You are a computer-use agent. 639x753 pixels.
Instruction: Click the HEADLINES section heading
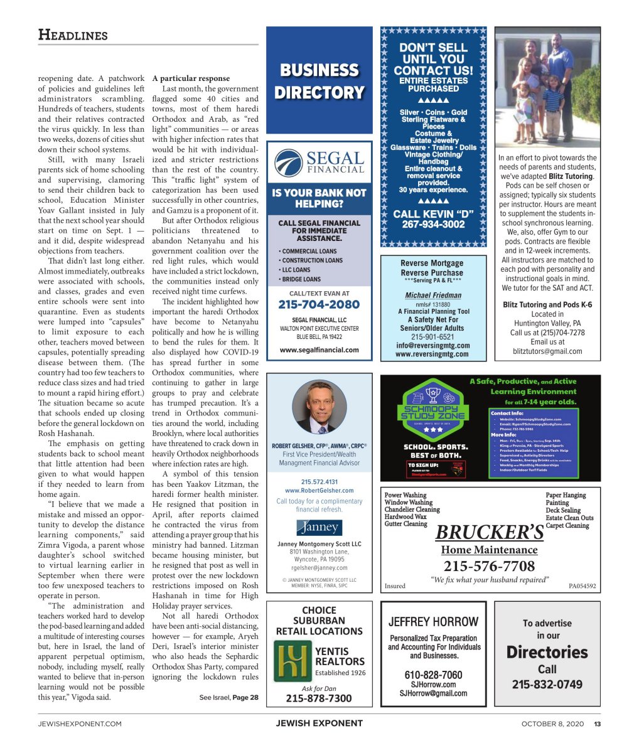[73, 35]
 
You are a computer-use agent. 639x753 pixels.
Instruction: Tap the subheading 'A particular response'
[191, 78]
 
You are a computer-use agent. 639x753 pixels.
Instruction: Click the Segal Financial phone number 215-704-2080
[319, 305]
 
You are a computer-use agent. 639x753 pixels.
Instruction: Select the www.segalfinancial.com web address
[319, 350]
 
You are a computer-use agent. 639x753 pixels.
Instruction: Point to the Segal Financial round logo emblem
[289, 163]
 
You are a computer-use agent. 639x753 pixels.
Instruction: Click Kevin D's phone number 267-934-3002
[433, 225]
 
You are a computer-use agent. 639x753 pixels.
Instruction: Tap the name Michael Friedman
[432, 295]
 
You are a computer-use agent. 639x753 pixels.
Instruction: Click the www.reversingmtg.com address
[432, 354]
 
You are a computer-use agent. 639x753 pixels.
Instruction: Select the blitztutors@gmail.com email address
[547, 351]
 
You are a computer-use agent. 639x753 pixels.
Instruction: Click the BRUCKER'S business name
[489, 533]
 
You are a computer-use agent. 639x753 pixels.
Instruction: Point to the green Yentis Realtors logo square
[291, 661]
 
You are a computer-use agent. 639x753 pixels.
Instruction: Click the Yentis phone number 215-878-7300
[319, 698]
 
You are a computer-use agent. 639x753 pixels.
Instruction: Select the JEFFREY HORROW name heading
[433, 622]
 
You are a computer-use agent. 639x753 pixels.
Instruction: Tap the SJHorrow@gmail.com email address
[433, 693]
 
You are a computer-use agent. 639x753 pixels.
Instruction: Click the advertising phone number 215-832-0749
[547, 685]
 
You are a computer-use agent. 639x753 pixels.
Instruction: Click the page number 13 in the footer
[598, 724]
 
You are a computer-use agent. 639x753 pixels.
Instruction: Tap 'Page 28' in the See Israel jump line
[245, 697]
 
